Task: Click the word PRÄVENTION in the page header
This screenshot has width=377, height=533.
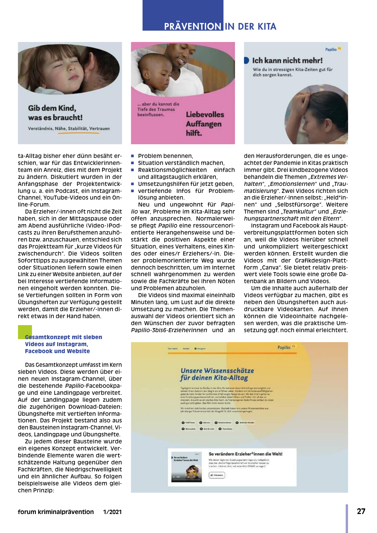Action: (x=192, y=26)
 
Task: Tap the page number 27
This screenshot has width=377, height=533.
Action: (x=361, y=511)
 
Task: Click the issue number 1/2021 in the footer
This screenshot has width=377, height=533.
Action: (x=112, y=512)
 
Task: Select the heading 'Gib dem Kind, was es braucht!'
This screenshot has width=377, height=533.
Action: (x=55, y=113)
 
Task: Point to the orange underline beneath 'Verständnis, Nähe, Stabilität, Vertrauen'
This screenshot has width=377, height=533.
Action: (x=79, y=133)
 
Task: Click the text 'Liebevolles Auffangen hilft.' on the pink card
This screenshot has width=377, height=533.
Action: (x=204, y=124)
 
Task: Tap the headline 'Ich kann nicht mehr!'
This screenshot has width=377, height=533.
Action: (x=287, y=61)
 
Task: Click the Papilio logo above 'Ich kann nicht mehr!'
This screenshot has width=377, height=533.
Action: (x=333, y=49)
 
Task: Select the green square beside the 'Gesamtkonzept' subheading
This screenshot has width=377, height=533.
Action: (x=25, y=332)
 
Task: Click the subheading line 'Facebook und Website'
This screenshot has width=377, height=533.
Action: (x=57, y=351)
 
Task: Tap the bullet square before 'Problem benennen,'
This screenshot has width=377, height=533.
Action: (x=133, y=156)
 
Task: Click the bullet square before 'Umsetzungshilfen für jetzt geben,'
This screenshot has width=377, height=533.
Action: (x=133, y=184)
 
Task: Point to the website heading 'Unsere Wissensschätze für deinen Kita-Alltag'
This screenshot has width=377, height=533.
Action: (x=217, y=374)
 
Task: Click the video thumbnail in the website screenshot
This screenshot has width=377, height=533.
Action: (x=186, y=468)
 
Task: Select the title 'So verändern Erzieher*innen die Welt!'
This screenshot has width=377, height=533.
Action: (x=245, y=454)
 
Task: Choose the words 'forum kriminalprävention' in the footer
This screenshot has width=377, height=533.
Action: (x=56, y=512)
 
